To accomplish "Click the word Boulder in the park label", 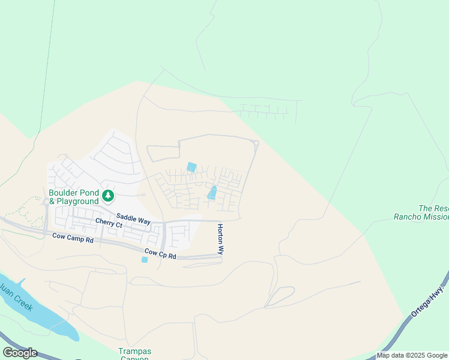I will coord(63,193).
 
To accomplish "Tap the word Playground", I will coord(75,202).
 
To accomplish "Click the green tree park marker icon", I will coord(108,196).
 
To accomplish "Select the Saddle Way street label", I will coord(133,220).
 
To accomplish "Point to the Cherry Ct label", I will coord(109,223).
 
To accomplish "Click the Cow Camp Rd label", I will coord(73,239).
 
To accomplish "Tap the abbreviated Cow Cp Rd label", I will coord(160,255).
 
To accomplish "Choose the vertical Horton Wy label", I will coord(220,240).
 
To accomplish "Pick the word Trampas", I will coord(134,351).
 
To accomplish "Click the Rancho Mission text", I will coord(421,217).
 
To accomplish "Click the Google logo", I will coord(20,353).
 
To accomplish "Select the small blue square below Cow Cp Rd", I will coord(144,260).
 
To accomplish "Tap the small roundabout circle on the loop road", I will coord(256,143).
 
